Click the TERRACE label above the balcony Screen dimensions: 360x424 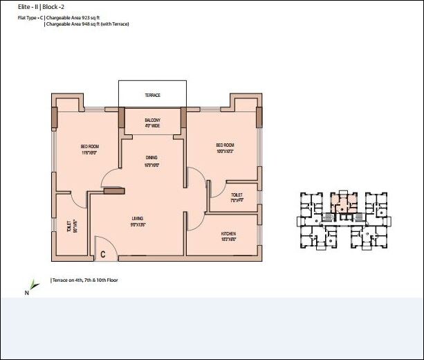(153, 94)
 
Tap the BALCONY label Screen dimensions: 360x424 (153, 120)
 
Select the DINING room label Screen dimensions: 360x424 (151, 158)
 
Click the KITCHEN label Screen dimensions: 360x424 (228, 234)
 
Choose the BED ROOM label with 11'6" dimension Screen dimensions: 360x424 (90, 146)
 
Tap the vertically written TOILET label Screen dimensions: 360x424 (68, 227)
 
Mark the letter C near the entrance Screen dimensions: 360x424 (103, 255)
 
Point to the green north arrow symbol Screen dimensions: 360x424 (33, 283)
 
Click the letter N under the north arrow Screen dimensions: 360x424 (26, 293)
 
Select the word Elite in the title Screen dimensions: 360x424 (26, 6)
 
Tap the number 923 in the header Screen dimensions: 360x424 (87, 17)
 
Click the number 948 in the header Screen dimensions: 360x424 (87, 24)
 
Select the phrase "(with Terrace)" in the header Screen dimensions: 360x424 (116, 24)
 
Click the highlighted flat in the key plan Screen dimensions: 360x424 (340, 201)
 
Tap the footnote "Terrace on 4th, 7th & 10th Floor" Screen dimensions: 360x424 (85, 280)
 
